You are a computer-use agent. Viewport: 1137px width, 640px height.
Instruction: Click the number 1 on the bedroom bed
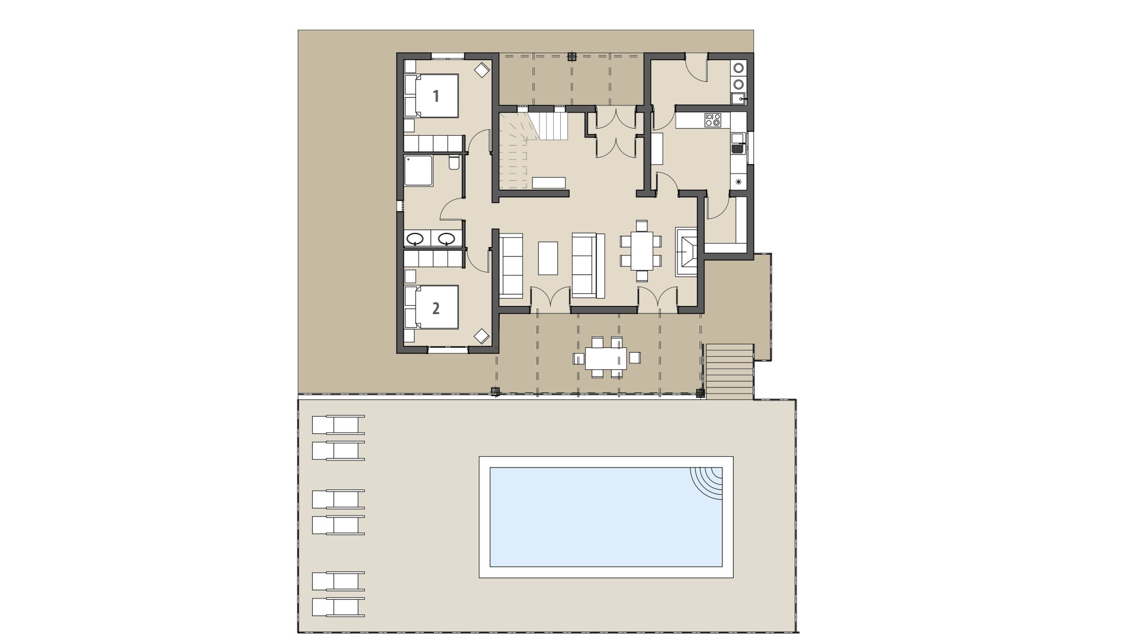436,96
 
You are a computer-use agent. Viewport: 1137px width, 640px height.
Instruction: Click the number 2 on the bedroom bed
436,308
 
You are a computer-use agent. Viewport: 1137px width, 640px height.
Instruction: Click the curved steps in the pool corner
708,482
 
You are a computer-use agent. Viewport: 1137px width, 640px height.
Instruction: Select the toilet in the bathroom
454,162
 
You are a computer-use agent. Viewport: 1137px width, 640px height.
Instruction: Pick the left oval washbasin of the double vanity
415,239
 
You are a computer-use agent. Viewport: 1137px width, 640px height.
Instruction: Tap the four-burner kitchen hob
712,120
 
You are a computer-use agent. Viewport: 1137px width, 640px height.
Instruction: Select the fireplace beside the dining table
688,251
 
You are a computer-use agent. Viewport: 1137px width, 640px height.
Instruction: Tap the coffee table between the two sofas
548,257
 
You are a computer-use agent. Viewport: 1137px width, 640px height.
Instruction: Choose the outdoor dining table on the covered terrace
606,357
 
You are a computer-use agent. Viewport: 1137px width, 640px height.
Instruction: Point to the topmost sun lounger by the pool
338,425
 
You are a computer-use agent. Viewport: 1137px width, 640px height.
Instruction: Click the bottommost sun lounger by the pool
338,607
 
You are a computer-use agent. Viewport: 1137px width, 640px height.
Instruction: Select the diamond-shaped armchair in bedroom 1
482,70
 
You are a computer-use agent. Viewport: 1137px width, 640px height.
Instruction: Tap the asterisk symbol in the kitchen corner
738,183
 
